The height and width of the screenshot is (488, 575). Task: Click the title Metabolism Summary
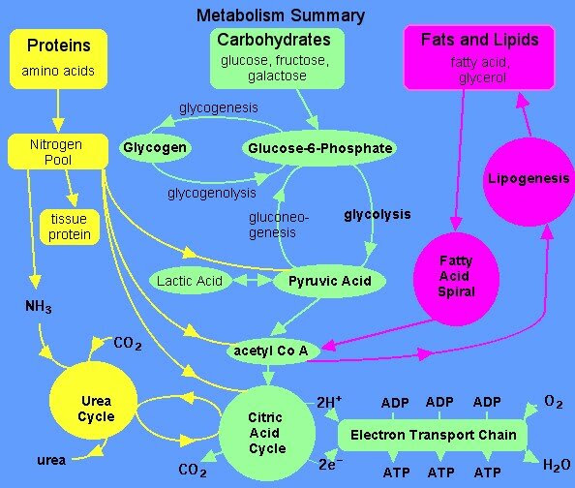pos(281,15)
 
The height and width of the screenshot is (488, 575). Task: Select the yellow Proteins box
pos(58,57)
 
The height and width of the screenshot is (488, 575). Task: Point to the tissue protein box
pos(69,227)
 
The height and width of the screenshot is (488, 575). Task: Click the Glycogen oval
pos(155,148)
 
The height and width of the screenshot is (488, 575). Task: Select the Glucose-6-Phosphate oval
pos(319,148)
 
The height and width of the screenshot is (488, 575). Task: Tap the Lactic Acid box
pos(189,282)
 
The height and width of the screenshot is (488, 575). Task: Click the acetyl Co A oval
pos(271,350)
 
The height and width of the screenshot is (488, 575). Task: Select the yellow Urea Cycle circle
pos(96,409)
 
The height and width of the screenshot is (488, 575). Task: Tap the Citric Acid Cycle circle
pos(267,433)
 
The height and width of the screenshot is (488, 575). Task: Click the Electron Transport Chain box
pos(433,435)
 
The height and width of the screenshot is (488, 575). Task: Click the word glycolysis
pos(378,214)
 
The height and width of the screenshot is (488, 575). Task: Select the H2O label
pos(556,466)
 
